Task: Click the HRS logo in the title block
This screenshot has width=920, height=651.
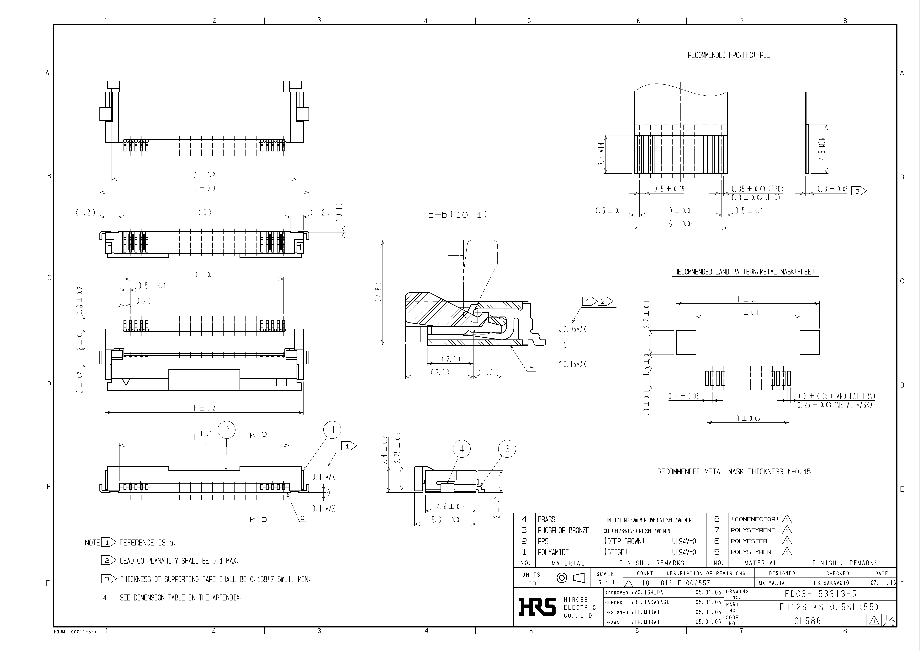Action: [x=537, y=607]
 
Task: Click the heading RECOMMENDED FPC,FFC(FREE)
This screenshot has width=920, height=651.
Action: [x=730, y=55]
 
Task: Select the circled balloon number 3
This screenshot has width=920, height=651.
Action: [x=507, y=449]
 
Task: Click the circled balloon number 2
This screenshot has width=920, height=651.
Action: [x=227, y=430]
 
